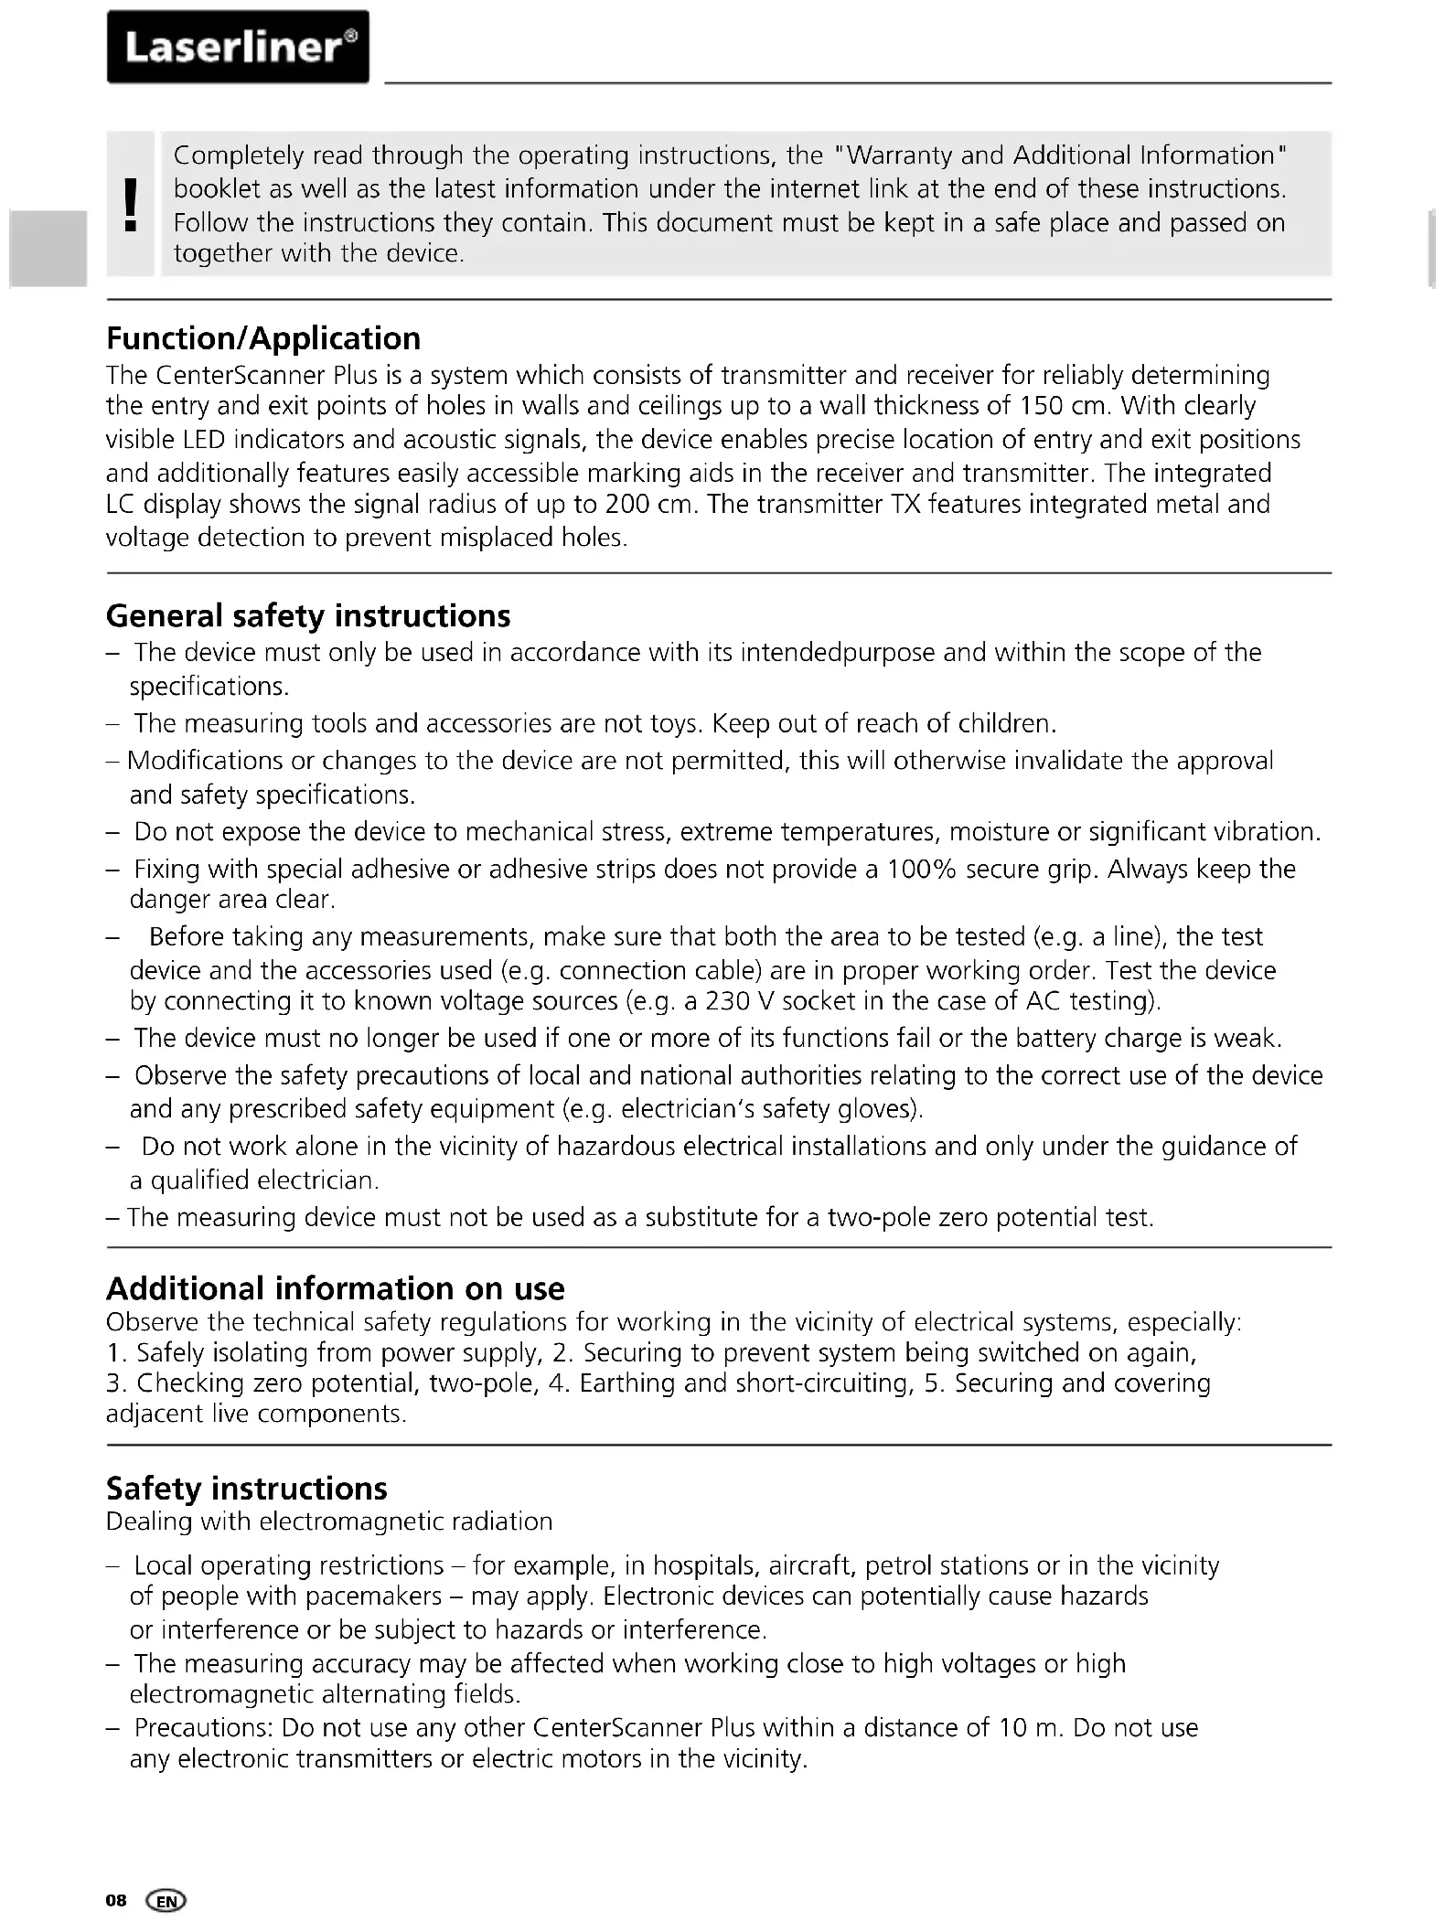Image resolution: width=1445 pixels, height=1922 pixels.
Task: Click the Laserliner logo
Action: point(238,47)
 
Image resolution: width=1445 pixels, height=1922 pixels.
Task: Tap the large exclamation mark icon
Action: point(131,203)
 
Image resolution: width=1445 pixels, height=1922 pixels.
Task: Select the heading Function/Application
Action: point(263,338)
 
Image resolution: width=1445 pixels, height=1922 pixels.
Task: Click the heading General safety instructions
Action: point(308,615)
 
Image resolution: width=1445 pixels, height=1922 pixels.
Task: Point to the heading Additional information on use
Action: point(335,1288)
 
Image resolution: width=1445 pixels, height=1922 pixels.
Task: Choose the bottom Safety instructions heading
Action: point(246,1488)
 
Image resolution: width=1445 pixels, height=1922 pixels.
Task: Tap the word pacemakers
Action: point(373,1596)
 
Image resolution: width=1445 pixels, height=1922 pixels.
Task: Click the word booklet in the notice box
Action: point(214,189)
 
